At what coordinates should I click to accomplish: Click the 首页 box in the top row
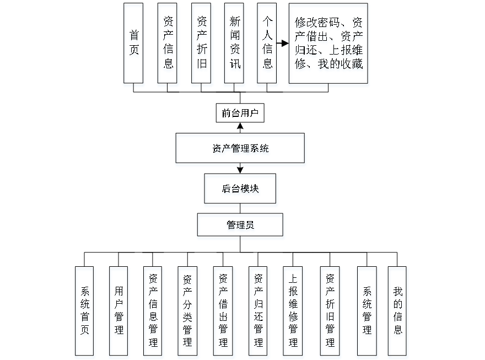click(133, 43)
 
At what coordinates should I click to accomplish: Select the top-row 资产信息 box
click(168, 43)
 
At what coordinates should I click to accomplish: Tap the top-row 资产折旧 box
click(201, 43)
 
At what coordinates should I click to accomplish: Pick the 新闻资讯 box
click(234, 43)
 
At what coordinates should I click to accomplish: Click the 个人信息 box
click(267, 43)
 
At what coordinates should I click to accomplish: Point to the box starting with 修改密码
click(328, 43)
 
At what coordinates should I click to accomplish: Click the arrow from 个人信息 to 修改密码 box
click(283, 44)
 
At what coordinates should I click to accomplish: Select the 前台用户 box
click(240, 114)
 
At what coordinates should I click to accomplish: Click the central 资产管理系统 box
click(240, 148)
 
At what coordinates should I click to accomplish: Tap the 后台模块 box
click(240, 188)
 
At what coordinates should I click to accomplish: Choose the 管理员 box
click(240, 225)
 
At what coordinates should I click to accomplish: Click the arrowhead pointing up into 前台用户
click(240, 127)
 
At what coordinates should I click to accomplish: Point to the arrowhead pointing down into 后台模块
click(240, 169)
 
